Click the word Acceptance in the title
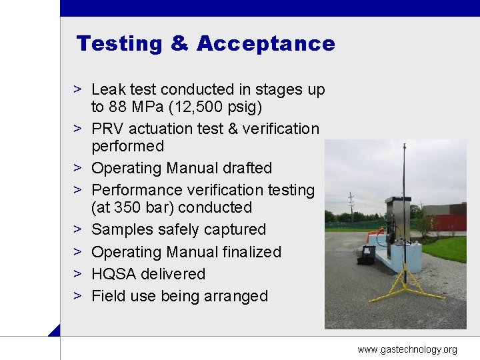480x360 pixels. tap(265, 44)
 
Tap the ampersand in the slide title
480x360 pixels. tap(180, 44)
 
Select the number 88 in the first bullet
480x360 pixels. tap(119, 107)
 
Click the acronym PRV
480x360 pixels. tap(107, 129)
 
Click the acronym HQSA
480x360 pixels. tap(115, 274)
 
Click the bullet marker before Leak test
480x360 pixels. tap(78, 89)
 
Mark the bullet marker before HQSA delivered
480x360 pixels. tap(78, 274)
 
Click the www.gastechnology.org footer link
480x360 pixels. tap(407, 349)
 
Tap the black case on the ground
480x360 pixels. tap(366, 255)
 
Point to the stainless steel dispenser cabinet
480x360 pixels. tap(397, 217)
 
